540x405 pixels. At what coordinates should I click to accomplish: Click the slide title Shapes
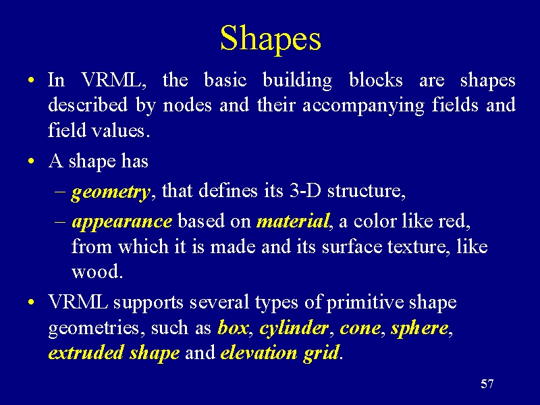pyautogui.click(x=271, y=39)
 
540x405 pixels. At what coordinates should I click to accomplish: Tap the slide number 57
pyautogui.click(x=487, y=383)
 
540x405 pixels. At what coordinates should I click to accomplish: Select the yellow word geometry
pyautogui.click(x=111, y=192)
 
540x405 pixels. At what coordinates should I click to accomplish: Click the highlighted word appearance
pyautogui.click(x=122, y=222)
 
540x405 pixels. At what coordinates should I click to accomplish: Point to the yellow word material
pyautogui.click(x=293, y=221)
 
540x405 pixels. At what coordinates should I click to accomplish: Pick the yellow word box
pyautogui.click(x=232, y=327)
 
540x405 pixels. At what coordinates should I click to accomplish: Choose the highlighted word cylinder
pyautogui.click(x=294, y=329)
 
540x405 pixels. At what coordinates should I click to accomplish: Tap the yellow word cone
pyautogui.click(x=360, y=328)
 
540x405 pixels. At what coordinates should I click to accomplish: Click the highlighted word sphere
pyautogui.click(x=419, y=329)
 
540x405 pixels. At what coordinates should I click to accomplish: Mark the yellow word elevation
pyautogui.click(x=259, y=352)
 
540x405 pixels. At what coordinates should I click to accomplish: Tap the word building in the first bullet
pyautogui.click(x=297, y=81)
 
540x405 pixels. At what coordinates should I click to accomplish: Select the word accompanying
pyautogui.click(x=363, y=106)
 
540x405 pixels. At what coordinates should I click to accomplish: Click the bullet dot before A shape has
pyautogui.click(x=31, y=161)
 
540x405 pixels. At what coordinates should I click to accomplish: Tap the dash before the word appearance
pyautogui.click(x=59, y=221)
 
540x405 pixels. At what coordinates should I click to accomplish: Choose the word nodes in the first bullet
pyautogui.click(x=188, y=105)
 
